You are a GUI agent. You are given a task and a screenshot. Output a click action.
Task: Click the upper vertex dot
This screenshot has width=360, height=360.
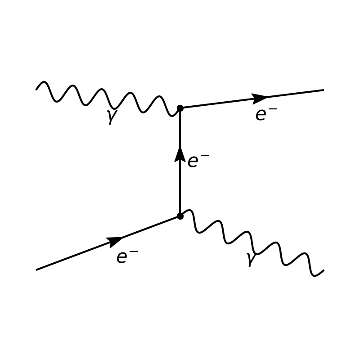[x=180, y=108]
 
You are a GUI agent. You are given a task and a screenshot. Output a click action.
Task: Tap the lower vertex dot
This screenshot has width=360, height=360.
[x=180, y=216]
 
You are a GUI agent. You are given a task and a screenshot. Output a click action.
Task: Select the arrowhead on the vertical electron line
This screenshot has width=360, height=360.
[x=180, y=154]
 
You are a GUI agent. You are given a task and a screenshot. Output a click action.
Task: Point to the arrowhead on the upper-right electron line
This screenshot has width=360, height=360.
[x=259, y=98]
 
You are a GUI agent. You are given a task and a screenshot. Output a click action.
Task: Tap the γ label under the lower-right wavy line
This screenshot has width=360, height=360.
[x=251, y=260]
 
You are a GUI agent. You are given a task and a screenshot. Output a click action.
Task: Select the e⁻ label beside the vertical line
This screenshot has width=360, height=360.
[x=198, y=161]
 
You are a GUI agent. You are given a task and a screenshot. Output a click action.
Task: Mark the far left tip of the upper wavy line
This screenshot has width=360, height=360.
[x=36, y=89]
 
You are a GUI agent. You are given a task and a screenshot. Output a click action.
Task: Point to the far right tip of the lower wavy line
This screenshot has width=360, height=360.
[x=324, y=271]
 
